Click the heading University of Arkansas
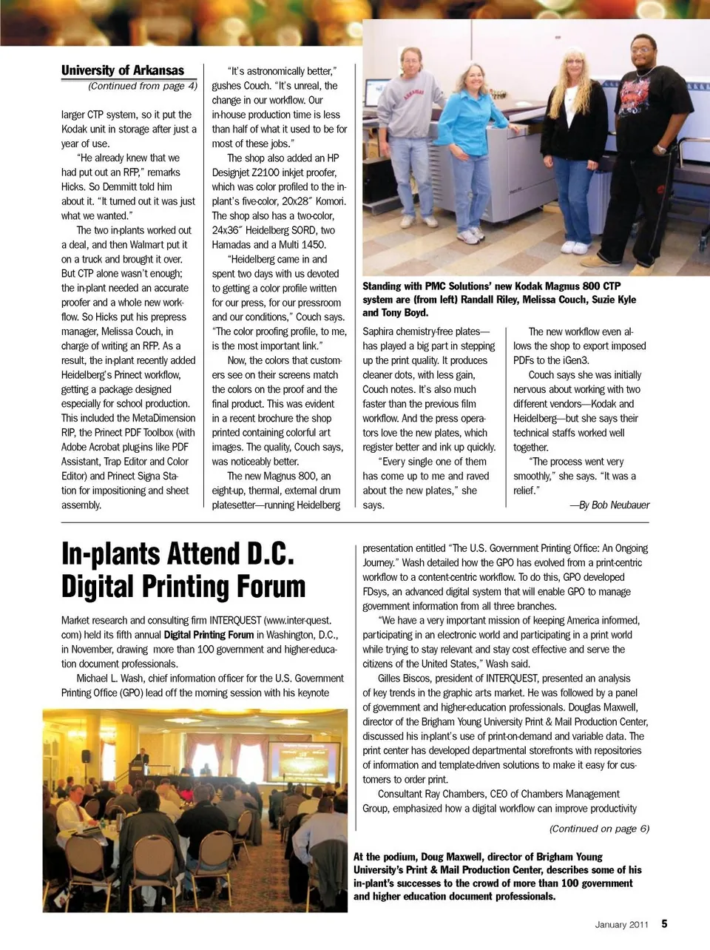(x=123, y=70)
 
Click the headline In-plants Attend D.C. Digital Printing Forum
(x=183, y=570)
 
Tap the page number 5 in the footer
(x=664, y=923)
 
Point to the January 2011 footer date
(x=621, y=924)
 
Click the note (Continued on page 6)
(x=599, y=829)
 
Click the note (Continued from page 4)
(x=142, y=86)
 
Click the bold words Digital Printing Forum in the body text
(x=209, y=635)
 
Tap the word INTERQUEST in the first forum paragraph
(x=235, y=620)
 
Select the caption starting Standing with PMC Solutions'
(x=499, y=299)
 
